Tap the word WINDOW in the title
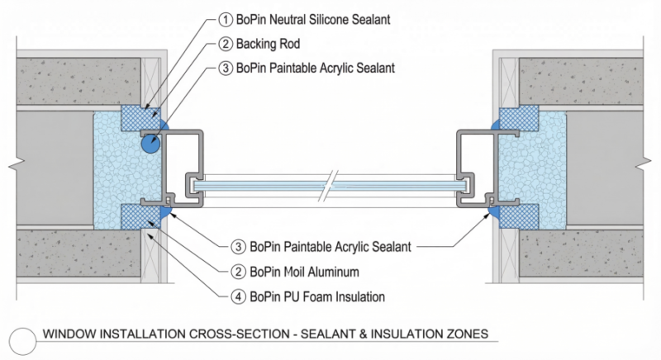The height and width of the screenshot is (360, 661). (x=68, y=334)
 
